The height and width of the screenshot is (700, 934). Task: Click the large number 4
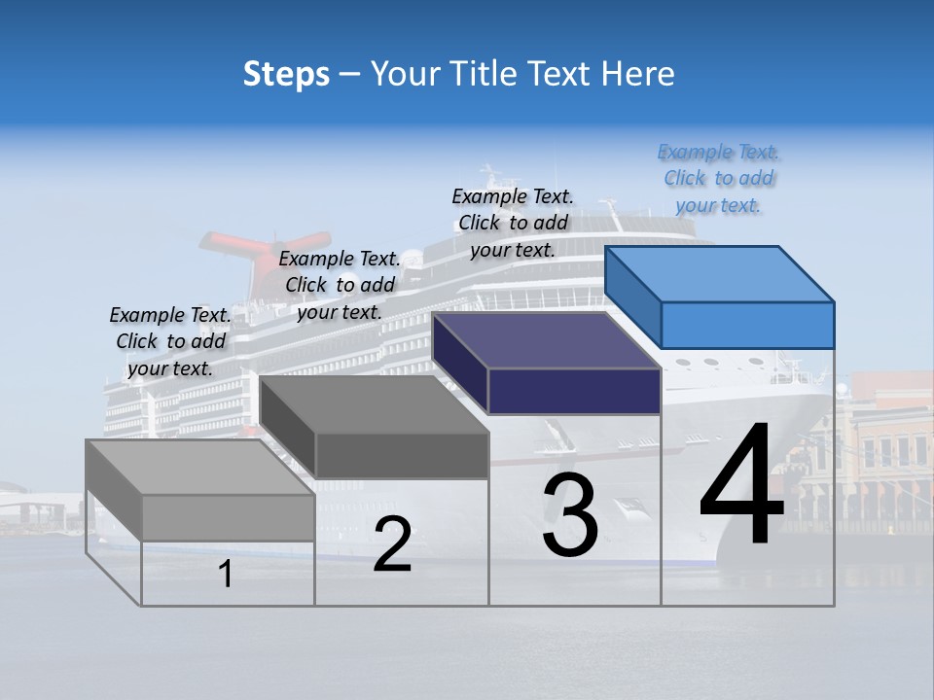coord(741,486)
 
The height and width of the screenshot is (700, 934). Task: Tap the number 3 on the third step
coord(570,515)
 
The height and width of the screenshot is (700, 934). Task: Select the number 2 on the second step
coord(392,544)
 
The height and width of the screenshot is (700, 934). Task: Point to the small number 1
coord(226,575)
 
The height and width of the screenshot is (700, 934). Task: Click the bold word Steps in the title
coord(286,74)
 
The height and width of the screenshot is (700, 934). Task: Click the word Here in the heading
coord(638,74)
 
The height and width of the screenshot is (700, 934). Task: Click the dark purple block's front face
coord(574,391)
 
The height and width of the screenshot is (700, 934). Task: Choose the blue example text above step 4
coord(719,179)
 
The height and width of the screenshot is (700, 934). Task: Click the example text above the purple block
coord(513,223)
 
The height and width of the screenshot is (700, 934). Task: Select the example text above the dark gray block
coord(340,285)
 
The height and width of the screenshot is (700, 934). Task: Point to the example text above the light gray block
coord(170,341)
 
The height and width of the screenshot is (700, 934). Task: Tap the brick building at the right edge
coord(890,447)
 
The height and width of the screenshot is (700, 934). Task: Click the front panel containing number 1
coord(228,574)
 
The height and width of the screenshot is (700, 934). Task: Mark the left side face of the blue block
coord(632,296)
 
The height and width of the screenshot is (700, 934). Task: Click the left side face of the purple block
coord(459,361)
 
